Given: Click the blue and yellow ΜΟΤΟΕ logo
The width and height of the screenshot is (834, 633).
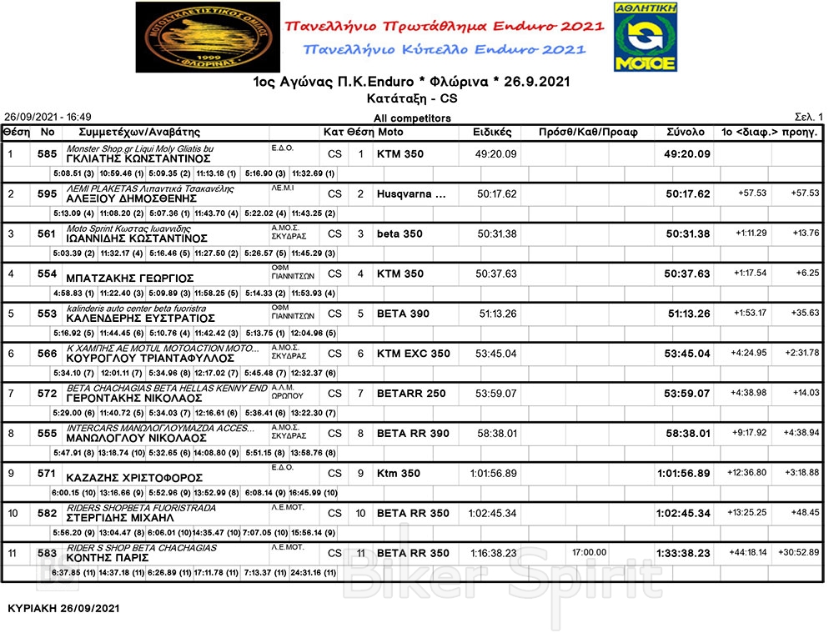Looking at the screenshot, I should pyautogui.click(x=646, y=37).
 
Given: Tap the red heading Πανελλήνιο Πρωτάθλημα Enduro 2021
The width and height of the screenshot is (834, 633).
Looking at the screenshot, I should pyautogui.click(x=445, y=27).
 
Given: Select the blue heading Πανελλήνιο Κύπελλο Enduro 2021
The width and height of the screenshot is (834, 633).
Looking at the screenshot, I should pyautogui.click(x=445, y=50).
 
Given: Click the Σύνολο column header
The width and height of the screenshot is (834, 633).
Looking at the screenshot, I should pyautogui.click(x=686, y=133).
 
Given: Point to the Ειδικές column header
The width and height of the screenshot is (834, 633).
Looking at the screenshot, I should pyautogui.click(x=497, y=133).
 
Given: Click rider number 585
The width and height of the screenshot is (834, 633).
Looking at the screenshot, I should pyautogui.click(x=47, y=154).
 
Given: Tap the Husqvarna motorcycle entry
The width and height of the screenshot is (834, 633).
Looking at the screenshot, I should pyautogui.click(x=410, y=194).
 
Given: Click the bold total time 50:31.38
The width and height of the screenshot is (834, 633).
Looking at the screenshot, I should pyautogui.click(x=687, y=234).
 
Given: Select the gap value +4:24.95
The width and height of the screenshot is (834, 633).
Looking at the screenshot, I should pyautogui.click(x=750, y=354).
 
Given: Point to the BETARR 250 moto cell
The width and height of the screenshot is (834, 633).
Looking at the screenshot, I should pyautogui.click(x=411, y=394).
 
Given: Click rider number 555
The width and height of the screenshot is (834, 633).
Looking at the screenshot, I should pyautogui.click(x=47, y=434).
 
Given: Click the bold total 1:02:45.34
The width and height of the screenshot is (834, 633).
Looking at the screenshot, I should pyautogui.click(x=682, y=514).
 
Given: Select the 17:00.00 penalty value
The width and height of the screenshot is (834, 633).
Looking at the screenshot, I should pyautogui.click(x=589, y=552).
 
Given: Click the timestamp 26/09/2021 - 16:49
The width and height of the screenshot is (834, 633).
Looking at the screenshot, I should pyautogui.click(x=48, y=118).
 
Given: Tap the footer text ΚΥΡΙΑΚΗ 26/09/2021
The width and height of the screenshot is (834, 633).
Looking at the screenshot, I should pyautogui.click(x=63, y=609).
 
